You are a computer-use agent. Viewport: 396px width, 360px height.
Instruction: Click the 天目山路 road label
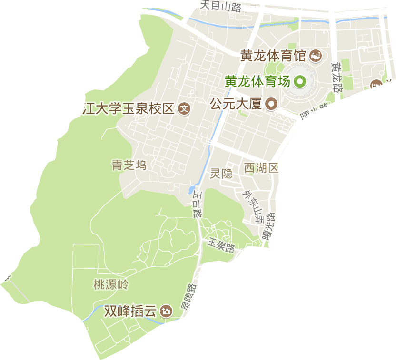pyautogui.click(x=220, y=6)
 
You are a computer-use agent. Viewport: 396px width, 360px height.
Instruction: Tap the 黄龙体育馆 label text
pyautogui.click(x=272, y=56)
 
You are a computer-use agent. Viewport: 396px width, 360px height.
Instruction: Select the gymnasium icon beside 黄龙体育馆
pyautogui.click(x=315, y=56)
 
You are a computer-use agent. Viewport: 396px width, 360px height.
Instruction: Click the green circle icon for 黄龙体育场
pyautogui.click(x=300, y=82)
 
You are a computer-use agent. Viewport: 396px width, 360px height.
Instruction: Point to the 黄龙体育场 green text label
pyautogui.click(x=257, y=81)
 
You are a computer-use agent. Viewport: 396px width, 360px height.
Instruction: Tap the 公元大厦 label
pyautogui.click(x=236, y=104)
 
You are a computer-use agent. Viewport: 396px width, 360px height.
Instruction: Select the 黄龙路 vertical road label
pyautogui.click(x=337, y=77)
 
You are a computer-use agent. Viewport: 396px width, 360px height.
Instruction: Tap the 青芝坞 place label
pyautogui.click(x=129, y=165)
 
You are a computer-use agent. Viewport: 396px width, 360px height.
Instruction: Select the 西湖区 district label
pyautogui.click(x=260, y=167)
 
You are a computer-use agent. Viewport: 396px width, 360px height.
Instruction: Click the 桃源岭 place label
pyautogui.click(x=111, y=285)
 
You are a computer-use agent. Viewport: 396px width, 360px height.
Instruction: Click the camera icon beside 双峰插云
pyautogui.click(x=166, y=311)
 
